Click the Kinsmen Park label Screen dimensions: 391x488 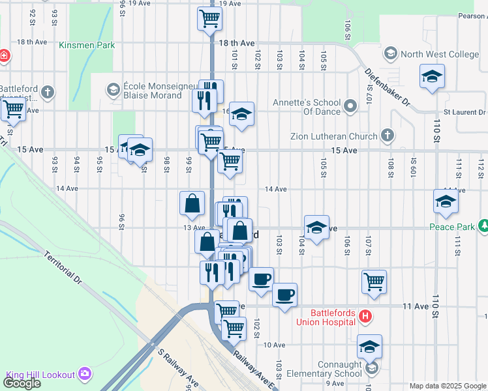pyautogui.click(x=87, y=45)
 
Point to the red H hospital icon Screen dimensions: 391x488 pyautogui.click(x=365, y=317)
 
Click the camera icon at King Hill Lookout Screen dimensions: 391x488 pyautogui.click(x=85, y=374)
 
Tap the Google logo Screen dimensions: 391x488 pyautogui.click(x=22, y=383)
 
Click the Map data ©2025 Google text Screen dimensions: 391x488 pyautogui.click(x=448, y=386)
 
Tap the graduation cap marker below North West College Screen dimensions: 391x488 pyautogui.click(x=432, y=76)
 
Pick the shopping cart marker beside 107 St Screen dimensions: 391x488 pyautogui.click(x=374, y=282)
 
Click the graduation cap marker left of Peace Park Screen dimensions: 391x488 pyautogui.click(x=446, y=201)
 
